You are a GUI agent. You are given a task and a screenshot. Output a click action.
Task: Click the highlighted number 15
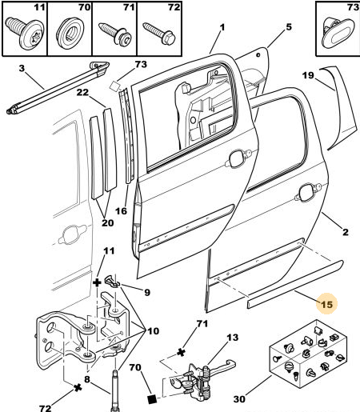(326, 304)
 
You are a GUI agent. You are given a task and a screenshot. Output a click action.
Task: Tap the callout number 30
(239, 399)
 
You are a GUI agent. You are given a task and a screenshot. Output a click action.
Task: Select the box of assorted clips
(308, 354)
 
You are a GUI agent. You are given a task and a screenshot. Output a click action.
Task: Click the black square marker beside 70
(152, 399)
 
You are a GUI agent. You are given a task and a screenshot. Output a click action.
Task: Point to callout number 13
(232, 338)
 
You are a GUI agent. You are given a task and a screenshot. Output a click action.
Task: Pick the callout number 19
(308, 75)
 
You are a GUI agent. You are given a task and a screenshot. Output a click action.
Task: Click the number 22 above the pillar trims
(82, 92)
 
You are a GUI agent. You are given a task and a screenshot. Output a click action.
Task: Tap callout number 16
(121, 211)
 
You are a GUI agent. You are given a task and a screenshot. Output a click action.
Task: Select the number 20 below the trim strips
(108, 222)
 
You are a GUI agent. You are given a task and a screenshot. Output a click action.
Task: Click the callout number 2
(346, 232)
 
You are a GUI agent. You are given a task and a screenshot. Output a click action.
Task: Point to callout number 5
(289, 27)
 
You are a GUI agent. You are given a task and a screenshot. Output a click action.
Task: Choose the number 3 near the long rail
(22, 68)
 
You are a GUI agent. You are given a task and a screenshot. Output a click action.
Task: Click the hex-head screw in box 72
(159, 34)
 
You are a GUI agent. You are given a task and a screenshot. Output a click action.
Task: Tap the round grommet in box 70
(70, 32)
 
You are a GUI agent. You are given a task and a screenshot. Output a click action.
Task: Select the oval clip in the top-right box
(338, 34)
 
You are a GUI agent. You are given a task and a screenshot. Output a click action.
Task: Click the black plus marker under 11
(97, 282)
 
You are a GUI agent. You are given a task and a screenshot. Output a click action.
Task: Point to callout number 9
(147, 292)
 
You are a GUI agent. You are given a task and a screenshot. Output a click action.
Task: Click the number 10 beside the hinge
(153, 331)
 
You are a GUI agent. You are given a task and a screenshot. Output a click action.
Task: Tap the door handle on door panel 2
(308, 192)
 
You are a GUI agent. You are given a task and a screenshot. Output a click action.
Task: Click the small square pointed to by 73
(115, 86)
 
